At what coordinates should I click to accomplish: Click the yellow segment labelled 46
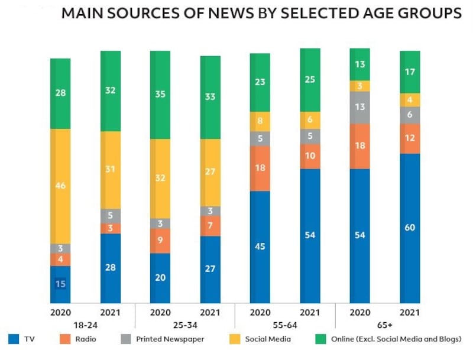point(60,186)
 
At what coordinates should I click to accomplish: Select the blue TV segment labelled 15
point(60,284)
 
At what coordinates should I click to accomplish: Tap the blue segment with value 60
point(410,228)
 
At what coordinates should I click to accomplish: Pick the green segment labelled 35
point(160,95)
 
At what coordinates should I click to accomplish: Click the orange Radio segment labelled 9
point(160,241)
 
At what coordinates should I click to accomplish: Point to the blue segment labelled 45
point(260,247)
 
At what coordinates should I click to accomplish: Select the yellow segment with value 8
point(260,121)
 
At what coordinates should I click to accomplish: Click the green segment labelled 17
point(410,72)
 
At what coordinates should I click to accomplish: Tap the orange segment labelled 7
point(210,226)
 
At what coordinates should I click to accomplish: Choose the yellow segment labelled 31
point(110,170)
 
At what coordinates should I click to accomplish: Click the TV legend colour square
point(14,339)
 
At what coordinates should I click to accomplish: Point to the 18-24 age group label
point(85,324)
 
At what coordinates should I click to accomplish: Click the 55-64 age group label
point(285,324)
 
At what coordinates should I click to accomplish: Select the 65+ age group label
point(385,324)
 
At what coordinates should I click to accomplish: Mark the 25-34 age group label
point(185,324)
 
